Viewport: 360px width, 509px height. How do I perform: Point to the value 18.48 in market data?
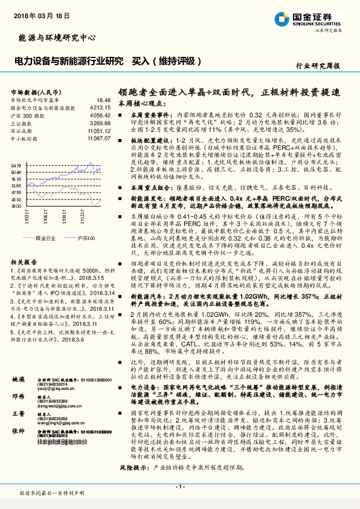(103, 100)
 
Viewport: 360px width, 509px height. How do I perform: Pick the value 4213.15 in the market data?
(101, 107)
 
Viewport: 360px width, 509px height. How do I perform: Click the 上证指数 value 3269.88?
(101, 122)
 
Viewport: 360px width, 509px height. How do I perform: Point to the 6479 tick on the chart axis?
(16, 165)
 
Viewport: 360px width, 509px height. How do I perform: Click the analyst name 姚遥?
(19, 378)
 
